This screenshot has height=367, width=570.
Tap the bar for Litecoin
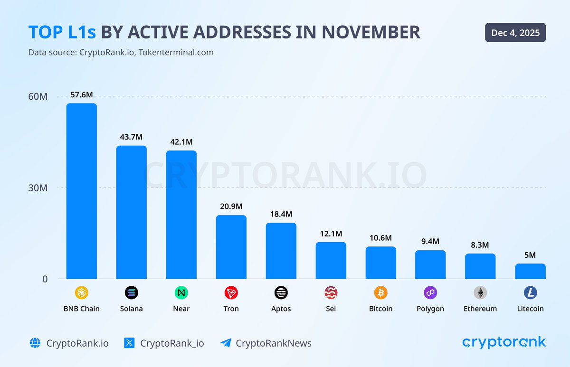click(530, 271)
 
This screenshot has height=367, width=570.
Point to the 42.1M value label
click(181, 142)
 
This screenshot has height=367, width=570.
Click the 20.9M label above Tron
click(231, 207)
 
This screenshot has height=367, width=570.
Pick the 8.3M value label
click(480, 245)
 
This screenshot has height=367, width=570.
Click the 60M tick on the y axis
click(38, 96)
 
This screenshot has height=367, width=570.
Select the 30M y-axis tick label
click(38, 188)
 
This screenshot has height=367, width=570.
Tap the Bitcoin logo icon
click(380, 293)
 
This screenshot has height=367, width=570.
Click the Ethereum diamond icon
click(480, 293)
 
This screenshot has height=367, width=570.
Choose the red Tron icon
click(231, 293)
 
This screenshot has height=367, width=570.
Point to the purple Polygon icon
click(430, 293)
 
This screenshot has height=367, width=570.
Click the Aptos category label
click(281, 309)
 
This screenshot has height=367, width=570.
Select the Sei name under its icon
click(331, 309)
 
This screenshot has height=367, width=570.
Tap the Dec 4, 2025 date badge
click(515, 33)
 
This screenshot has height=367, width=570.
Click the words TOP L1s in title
click(62, 32)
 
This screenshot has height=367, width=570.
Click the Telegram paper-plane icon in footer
click(226, 343)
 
